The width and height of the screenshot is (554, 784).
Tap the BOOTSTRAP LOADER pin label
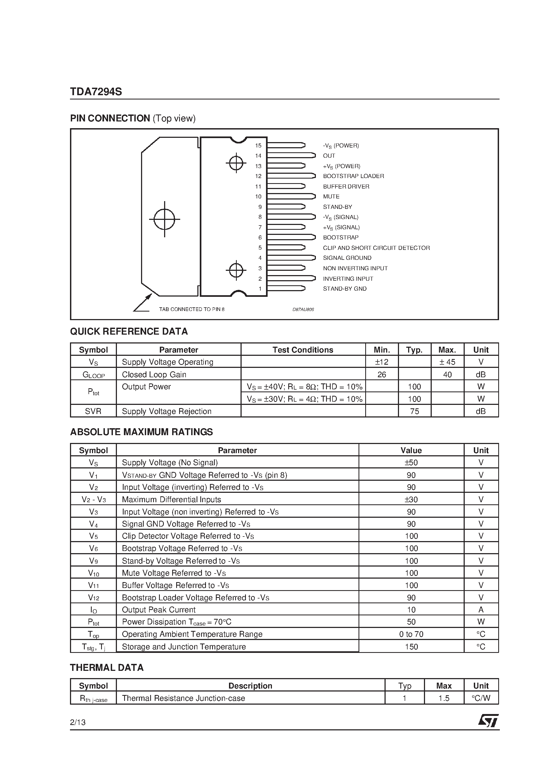pos(353,176)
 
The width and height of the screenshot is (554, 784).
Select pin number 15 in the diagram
pos(258,146)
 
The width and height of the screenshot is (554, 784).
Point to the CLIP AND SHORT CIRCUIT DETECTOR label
pos(376,248)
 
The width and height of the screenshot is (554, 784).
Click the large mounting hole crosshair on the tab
pos(164,219)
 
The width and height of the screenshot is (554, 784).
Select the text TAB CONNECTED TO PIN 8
pos(192,309)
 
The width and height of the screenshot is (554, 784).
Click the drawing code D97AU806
pos(303,310)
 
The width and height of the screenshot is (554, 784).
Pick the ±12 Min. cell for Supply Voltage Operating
pos(382,362)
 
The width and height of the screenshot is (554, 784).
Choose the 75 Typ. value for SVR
pos(414,412)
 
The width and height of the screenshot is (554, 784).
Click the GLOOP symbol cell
pos(93,375)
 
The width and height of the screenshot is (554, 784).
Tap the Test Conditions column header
pos(303,350)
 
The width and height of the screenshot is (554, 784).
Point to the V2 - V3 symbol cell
pos(93,500)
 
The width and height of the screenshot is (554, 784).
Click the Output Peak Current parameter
pos(158,610)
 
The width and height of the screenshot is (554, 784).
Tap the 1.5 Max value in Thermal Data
pos(444,698)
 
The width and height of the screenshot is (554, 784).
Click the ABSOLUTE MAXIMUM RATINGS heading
pos(141,432)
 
